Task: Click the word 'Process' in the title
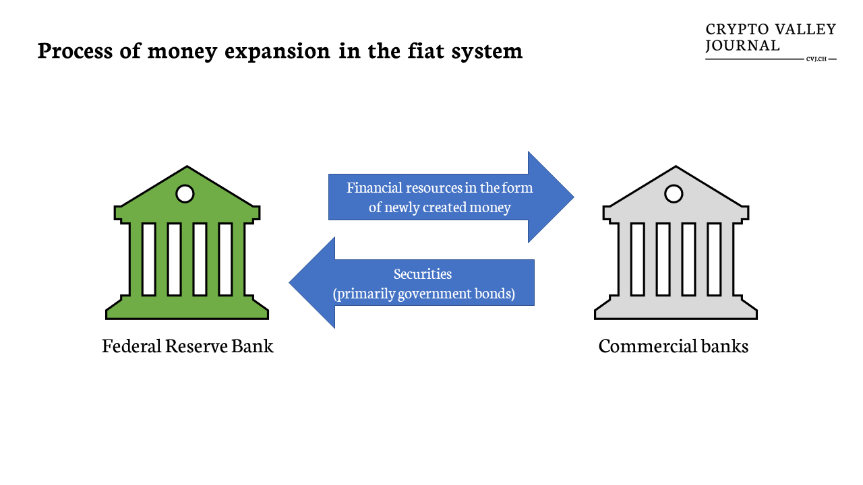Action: point(75,51)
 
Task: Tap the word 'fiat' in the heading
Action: point(425,51)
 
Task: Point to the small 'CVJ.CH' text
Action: point(816,59)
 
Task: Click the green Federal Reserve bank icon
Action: point(187,243)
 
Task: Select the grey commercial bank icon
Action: point(676,243)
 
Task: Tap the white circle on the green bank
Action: point(185,193)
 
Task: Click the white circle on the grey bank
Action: point(674,193)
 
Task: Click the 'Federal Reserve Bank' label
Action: point(187,346)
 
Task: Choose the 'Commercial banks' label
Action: point(674,346)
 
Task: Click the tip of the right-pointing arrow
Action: point(574,197)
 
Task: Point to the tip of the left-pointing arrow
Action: point(289,282)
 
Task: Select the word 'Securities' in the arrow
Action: point(423,273)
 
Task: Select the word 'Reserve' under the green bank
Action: point(196,346)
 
